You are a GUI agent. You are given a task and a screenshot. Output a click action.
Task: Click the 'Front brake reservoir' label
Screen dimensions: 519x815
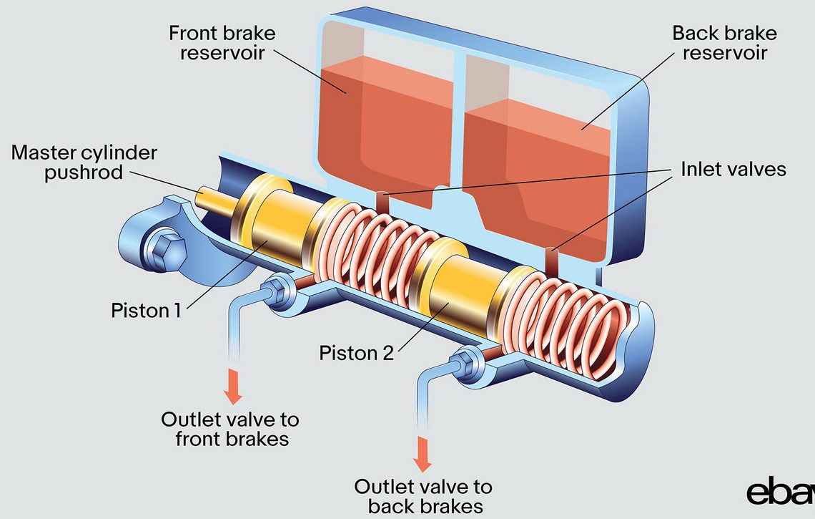point(222,43)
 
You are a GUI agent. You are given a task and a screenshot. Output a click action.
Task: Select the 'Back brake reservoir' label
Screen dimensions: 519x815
point(724,43)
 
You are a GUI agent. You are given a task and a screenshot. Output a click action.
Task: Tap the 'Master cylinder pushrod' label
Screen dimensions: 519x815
point(84,163)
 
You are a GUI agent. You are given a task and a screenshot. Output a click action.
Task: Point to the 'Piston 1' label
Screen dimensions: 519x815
point(146,311)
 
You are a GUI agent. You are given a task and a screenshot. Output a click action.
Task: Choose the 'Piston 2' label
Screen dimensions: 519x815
point(356,353)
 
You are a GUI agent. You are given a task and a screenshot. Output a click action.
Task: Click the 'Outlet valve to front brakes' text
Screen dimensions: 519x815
point(230,428)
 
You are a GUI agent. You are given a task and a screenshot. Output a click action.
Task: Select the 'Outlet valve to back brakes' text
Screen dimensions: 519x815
point(423,496)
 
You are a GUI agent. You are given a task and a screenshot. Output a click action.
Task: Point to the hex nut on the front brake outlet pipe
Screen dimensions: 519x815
point(275,292)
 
